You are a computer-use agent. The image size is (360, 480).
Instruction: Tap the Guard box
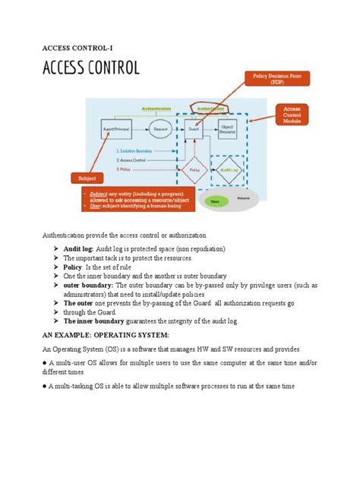[x=194, y=130]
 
